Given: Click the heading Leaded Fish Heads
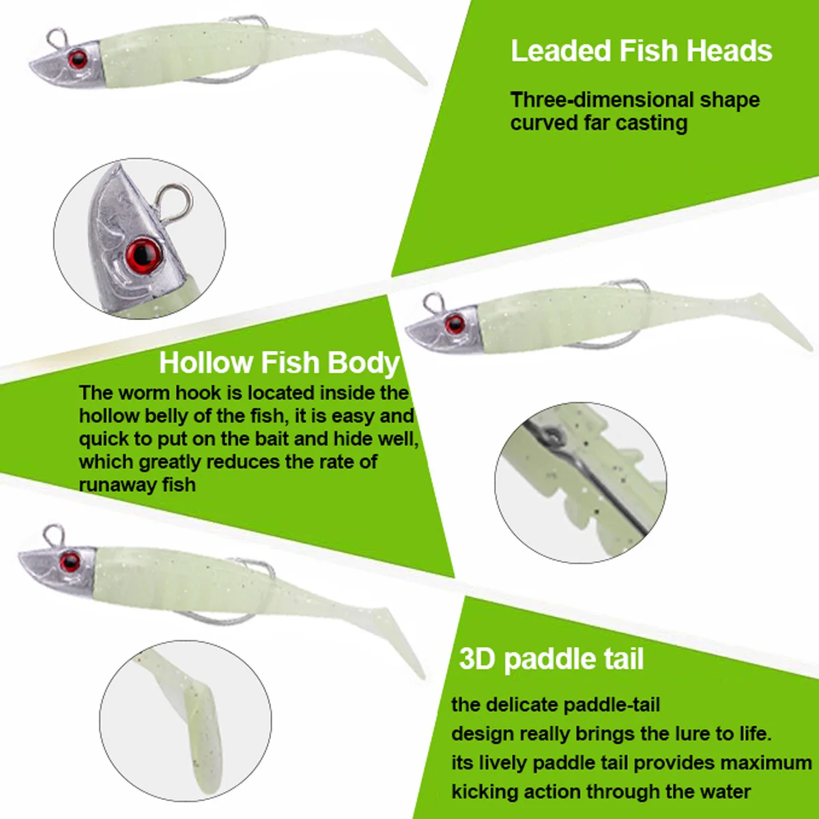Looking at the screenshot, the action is (641, 51).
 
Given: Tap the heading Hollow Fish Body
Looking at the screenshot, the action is (279, 362).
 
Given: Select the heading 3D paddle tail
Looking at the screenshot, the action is (551, 659).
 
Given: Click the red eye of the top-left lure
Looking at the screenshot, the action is (78, 59).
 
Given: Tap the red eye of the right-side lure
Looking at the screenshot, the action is (455, 324).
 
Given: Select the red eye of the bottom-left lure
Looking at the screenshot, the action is (70, 562).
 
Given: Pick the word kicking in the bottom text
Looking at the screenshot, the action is (485, 792).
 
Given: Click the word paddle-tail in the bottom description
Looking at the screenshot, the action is (612, 704).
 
